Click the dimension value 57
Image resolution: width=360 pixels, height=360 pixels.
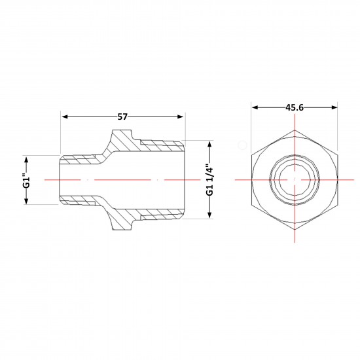point(122,117)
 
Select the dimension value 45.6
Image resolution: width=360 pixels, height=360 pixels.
point(295,107)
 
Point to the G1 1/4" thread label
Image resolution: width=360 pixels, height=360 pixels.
point(209,180)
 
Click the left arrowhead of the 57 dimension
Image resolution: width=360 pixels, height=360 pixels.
point(65,117)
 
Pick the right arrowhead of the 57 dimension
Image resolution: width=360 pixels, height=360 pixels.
point(180,117)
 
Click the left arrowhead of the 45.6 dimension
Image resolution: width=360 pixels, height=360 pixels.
point(255,107)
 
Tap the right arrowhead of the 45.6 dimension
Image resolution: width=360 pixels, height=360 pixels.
point(334,107)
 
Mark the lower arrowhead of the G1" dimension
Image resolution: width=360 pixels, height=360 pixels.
point(26,202)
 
